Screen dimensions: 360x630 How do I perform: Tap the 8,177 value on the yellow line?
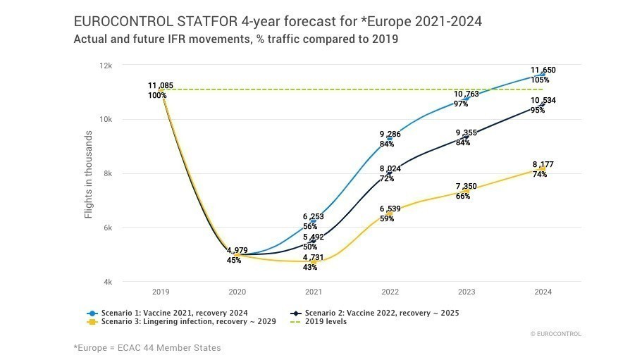543,165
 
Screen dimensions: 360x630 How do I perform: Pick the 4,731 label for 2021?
314,259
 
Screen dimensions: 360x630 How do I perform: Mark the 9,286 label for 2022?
390,135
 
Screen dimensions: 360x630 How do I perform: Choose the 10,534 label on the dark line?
543,101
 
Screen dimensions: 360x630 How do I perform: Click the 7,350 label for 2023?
466,187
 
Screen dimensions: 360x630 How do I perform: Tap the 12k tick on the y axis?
106,66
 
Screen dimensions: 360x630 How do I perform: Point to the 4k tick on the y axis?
108,283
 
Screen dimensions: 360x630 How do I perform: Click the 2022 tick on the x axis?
390,292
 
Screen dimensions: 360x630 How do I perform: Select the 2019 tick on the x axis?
161,292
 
